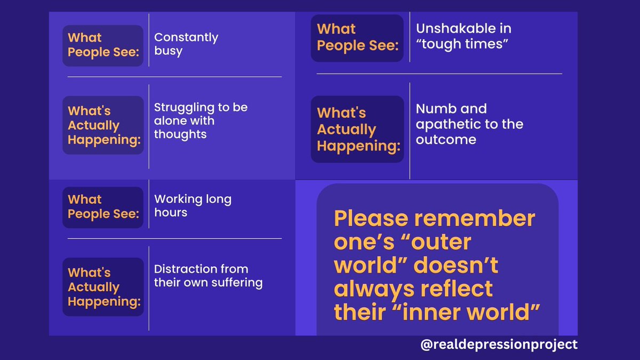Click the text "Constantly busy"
point(186,44)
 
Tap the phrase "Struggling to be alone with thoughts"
point(201,121)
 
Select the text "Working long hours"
point(193,206)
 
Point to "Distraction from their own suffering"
point(208,275)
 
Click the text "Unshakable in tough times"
point(462,36)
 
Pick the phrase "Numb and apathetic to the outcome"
point(469,124)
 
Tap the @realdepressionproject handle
point(499,345)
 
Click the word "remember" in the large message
point(479,219)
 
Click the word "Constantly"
point(186,37)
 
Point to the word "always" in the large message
point(368,289)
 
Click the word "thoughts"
point(180,134)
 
